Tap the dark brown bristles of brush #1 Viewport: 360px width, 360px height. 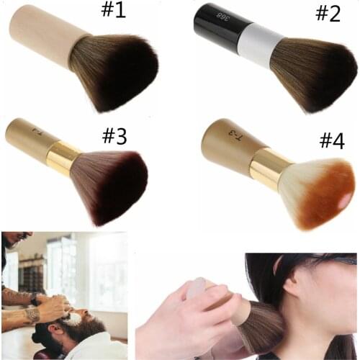115,70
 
